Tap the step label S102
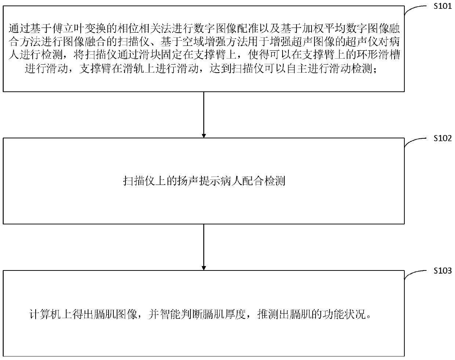(443, 138)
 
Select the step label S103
(443, 271)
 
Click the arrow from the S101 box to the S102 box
(204, 114)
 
